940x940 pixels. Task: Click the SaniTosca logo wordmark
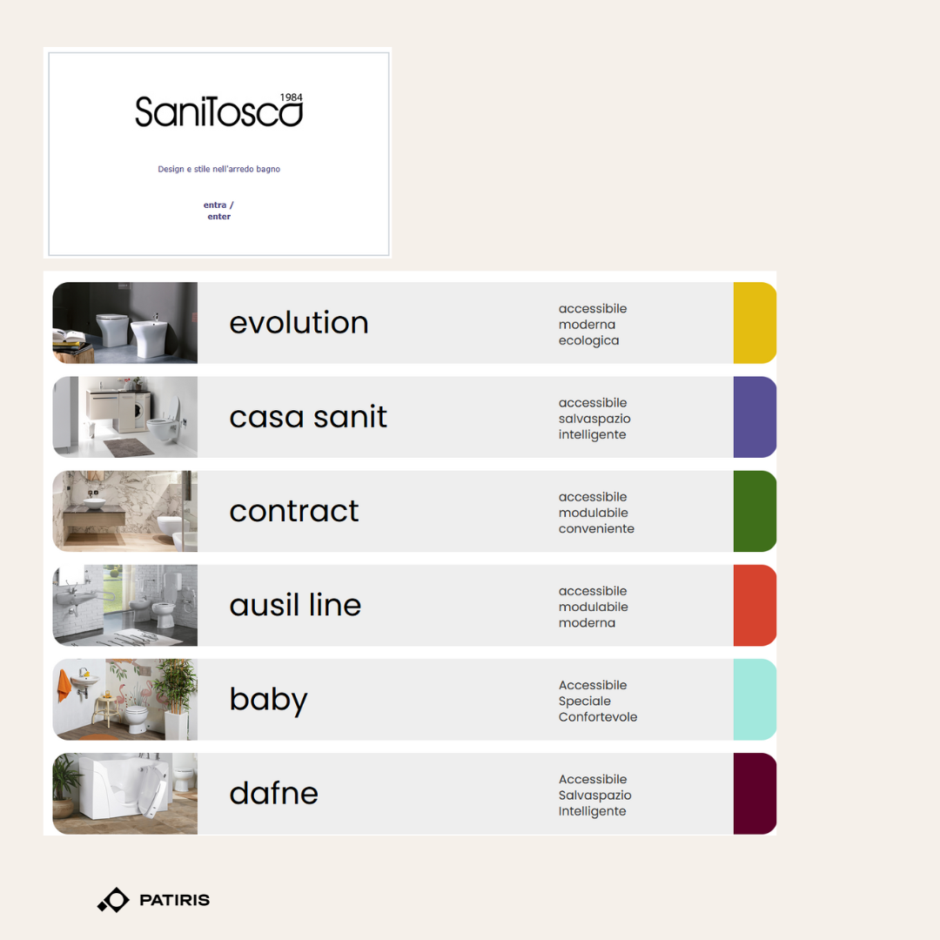(x=218, y=111)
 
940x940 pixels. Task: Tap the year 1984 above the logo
(x=292, y=97)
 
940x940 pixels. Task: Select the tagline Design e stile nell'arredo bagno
(x=218, y=169)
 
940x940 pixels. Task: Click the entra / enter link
(x=218, y=211)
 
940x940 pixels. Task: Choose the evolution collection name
(x=299, y=323)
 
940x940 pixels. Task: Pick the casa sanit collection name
(x=308, y=417)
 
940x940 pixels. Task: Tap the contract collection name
(x=294, y=512)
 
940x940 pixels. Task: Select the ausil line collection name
(x=295, y=604)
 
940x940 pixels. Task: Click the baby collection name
(x=269, y=700)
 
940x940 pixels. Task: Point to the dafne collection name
(x=273, y=793)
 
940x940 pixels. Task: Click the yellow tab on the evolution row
(x=755, y=323)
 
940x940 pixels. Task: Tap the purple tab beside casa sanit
(x=755, y=417)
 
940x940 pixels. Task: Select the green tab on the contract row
(x=755, y=511)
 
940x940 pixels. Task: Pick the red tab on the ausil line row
(x=755, y=605)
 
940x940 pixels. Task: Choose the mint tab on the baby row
(x=755, y=699)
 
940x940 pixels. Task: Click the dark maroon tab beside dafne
(x=755, y=793)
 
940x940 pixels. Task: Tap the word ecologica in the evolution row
(x=588, y=341)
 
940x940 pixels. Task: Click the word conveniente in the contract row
(x=596, y=529)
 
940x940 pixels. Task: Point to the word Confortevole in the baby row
(x=598, y=717)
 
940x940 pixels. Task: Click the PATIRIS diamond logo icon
(x=114, y=900)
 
